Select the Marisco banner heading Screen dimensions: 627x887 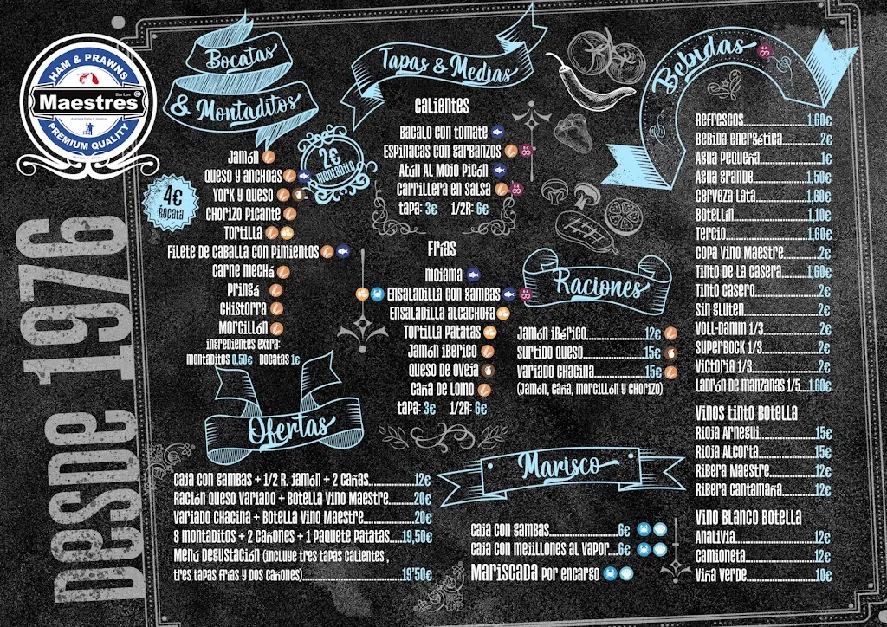pyautogui.click(x=558, y=466)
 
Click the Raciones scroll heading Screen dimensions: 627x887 pyautogui.click(x=598, y=286)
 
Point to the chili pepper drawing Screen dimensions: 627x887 pyautogui.click(x=577, y=76)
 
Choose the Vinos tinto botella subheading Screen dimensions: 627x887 pyautogui.click(x=746, y=412)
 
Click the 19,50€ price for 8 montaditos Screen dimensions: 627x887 pyautogui.click(x=416, y=536)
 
